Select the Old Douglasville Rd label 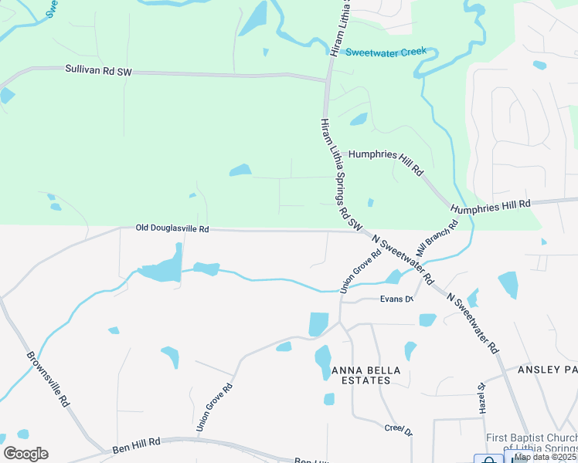click(172, 228)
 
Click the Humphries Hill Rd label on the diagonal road click(386, 159)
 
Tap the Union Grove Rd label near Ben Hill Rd click(214, 407)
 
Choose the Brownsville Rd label click(49, 380)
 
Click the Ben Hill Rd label click(135, 444)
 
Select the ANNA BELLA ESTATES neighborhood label click(366, 376)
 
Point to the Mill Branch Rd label click(437, 239)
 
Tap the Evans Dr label click(394, 299)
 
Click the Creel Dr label click(399, 429)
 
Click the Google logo click(25, 454)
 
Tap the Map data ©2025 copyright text click(546, 457)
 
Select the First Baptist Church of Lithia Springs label click(531, 443)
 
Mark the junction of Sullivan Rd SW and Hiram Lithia click(328, 79)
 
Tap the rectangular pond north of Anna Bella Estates click(318, 323)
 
